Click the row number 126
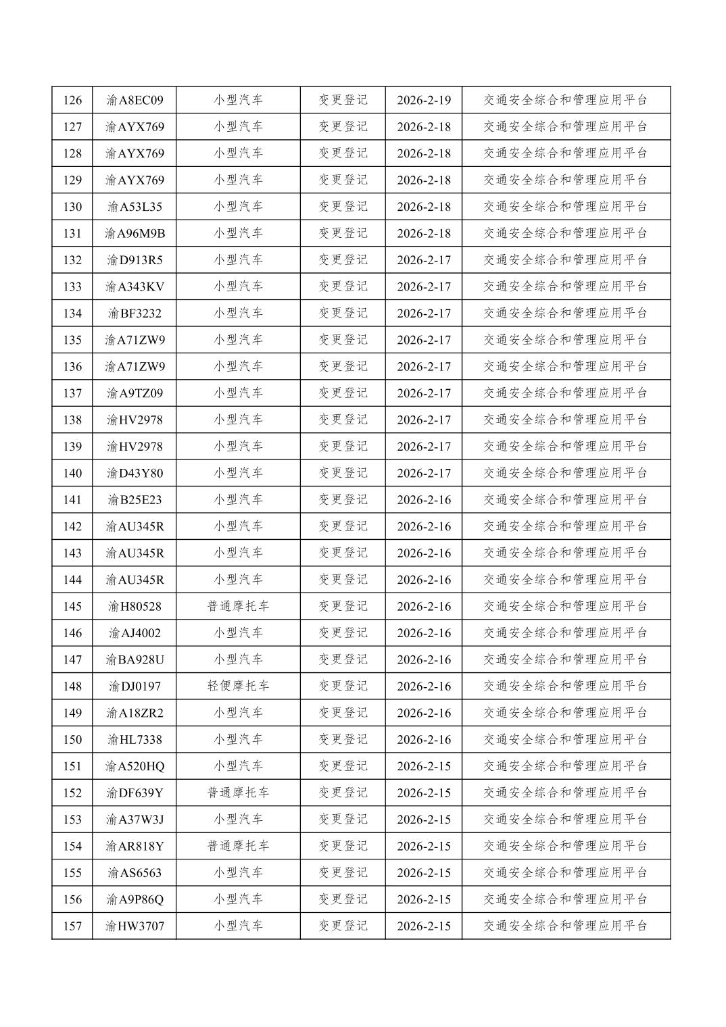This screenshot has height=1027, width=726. click(72, 101)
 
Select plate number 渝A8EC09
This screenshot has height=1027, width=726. click(135, 101)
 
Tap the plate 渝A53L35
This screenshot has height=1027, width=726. click(135, 207)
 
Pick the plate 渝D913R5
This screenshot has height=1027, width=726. click(135, 260)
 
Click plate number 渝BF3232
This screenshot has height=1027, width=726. click(135, 314)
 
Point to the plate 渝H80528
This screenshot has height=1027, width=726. click(135, 607)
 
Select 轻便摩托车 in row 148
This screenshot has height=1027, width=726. click(238, 686)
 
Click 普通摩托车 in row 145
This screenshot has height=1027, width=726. click(238, 607)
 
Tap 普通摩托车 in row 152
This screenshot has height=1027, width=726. click(238, 793)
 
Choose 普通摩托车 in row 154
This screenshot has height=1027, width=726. click(238, 846)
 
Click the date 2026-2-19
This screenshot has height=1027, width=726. click(424, 101)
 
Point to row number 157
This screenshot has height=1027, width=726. click(72, 926)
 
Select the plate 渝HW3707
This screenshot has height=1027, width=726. click(135, 926)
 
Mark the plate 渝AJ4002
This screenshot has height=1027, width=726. click(135, 633)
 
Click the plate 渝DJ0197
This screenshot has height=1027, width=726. click(135, 686)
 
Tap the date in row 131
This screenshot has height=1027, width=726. click(424, 234)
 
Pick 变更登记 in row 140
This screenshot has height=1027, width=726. click(343, 473)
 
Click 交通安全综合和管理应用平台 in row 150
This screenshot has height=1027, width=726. click(566, 740)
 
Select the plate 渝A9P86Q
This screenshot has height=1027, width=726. click(135, 899)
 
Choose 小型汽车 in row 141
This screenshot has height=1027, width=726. click(238, 500)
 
